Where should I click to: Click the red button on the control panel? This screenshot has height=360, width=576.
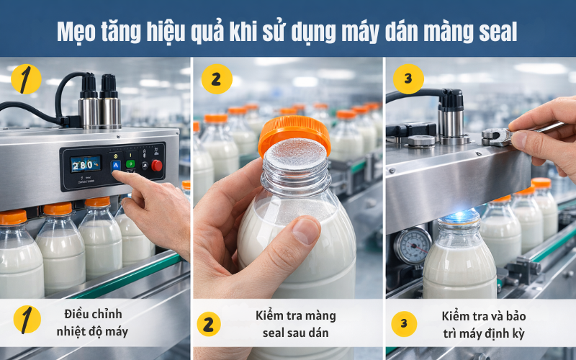[x=156, y=166]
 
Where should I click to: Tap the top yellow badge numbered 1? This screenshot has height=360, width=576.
[x=27, y=80]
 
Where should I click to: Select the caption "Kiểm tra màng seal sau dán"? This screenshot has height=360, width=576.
[x=295, y=323]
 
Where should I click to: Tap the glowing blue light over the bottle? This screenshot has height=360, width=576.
[x=458, y=216]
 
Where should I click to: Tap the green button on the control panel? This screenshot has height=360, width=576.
[x=130, y=164]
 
